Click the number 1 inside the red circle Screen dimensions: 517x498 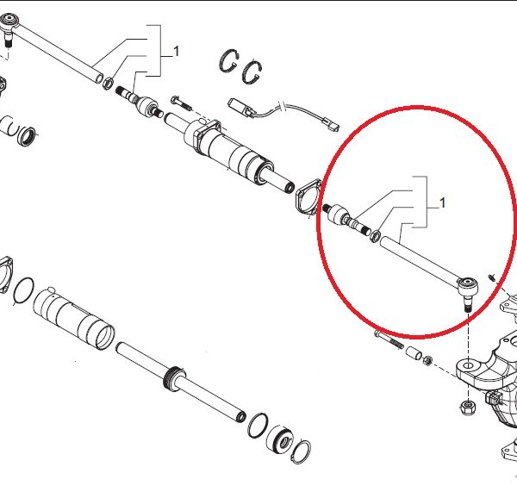click(x=443, y=202)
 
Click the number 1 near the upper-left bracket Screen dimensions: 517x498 click(x=177, y=52)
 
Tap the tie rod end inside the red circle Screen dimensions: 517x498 click(x=467, y=290)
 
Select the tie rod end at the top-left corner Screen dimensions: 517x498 click(x=9, y=28)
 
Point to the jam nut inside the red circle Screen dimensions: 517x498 click(x=375, y=236)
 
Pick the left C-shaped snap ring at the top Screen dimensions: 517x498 click(x=227, y=60)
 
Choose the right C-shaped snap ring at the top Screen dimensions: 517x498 click(x=252, y=72)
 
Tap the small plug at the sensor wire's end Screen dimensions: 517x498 click(x=333, y=125)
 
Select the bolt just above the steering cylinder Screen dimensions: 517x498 click(x=181, y=103)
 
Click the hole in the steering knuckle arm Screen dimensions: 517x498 click(x=469, y=365)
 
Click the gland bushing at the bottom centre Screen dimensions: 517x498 click(x=279, y=441)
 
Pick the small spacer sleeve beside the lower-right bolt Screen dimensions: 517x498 click(x=414, y=353)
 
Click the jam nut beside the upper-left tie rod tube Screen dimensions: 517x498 click(x=109, y=83)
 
